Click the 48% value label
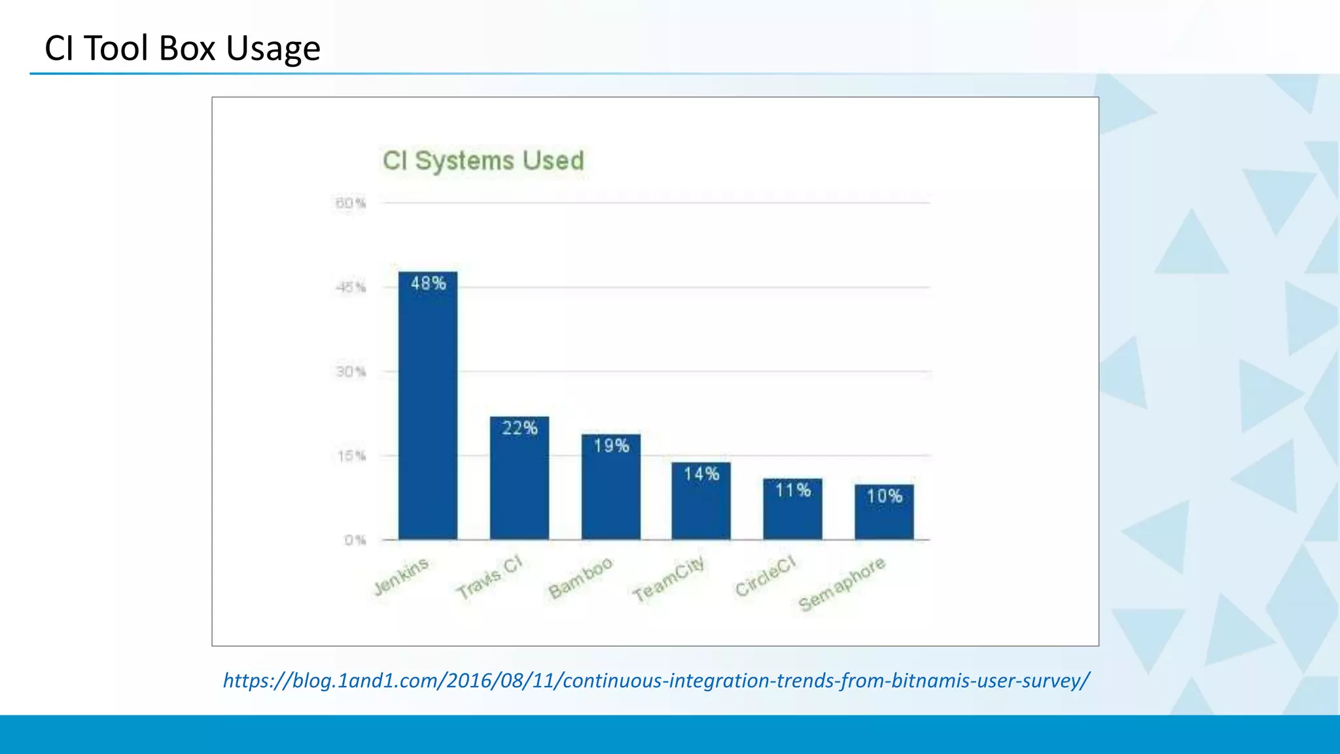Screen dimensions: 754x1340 click(429, 283)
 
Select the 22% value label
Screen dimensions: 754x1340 click(520, 428)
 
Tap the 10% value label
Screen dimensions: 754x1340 click(885, 496)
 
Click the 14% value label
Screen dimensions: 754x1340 click(701, 474)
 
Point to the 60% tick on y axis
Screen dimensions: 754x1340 click(351, 204)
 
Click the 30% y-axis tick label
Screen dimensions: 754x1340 click(351, 372)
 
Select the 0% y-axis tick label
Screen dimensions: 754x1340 click(355, 540)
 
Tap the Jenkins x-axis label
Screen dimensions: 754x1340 click(401, 577)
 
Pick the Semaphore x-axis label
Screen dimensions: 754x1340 click(842, 584)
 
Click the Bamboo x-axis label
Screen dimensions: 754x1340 click(580, 578)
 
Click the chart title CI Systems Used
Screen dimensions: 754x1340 click(483, 161)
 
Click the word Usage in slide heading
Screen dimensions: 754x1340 click(273, 49)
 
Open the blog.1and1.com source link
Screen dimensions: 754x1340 click(656, 681)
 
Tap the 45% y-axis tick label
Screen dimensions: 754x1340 click(351, 287)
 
